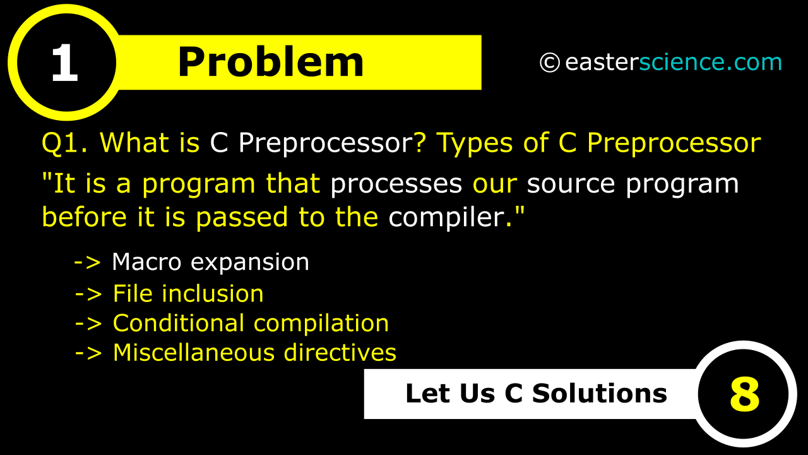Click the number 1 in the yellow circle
[64, 64]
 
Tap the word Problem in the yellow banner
[271, 63]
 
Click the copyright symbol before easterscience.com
[549, 63]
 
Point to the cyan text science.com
[710, 63]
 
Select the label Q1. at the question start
[66, 143]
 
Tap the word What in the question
[135, 143]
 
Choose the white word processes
[396, 184]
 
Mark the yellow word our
[495, 184]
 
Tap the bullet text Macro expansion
[210, 262]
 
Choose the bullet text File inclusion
[188, 294]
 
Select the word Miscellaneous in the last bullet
[193, 353]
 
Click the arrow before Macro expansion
[88, 262]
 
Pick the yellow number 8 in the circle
[744, 394]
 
